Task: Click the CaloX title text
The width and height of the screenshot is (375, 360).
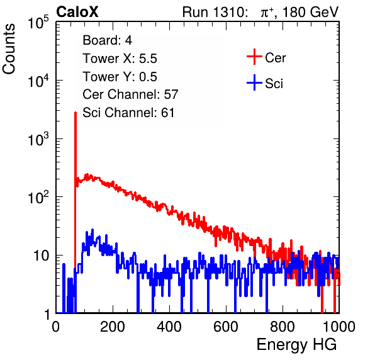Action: [x=77, y=12]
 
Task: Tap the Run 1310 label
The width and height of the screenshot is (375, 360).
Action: [x=215, y=12]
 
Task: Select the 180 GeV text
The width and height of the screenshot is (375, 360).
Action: [x=310, y=12]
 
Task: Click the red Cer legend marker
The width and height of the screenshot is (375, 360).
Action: [x=254, y=57]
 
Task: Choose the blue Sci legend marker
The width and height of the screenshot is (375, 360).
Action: [x=254, y=82]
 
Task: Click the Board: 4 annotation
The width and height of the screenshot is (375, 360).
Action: [x=107, y=40]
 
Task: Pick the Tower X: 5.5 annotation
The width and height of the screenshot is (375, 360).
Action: [x=120, y=59]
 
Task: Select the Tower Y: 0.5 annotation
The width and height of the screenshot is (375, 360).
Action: [x=120, y=77]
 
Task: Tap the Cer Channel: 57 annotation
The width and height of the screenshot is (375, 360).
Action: [x=130, y=94]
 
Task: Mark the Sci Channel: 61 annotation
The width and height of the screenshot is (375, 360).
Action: [x=128, y=113]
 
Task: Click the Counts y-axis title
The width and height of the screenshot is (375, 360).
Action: [x=9, y=49]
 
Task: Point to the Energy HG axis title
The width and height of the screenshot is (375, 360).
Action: [x=296, y=345]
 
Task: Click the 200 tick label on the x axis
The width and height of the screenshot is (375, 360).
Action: [x=113, y=327]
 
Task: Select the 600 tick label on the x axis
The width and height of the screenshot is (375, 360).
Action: [x=226, y=327]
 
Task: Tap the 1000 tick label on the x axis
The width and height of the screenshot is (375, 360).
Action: [x=339, y=327]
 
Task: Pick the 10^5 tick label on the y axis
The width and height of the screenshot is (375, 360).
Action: [x=38, y=23]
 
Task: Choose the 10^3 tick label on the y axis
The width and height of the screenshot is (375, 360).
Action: [x=38, y=139]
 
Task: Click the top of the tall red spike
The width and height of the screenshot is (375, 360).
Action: [x=76, y=112]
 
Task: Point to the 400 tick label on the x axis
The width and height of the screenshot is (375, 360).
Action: [x=169, y=327]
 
